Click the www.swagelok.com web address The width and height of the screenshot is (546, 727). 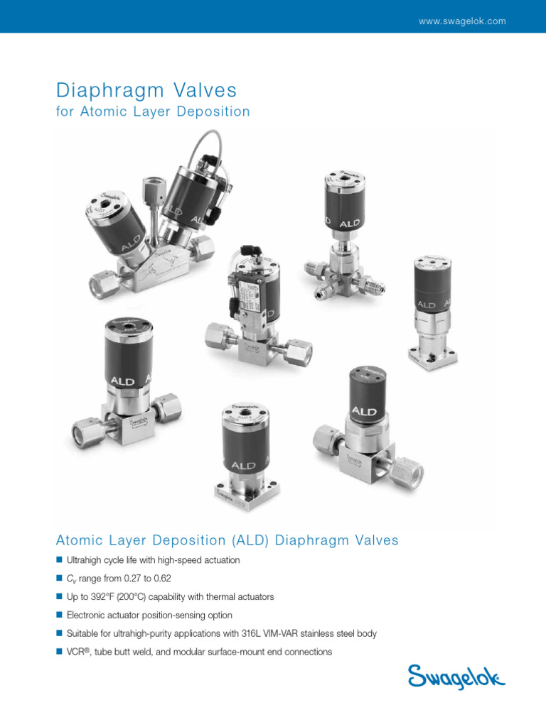point(462,21)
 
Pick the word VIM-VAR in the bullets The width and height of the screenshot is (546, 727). point(298,633)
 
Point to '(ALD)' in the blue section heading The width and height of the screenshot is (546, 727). point(245,541)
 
